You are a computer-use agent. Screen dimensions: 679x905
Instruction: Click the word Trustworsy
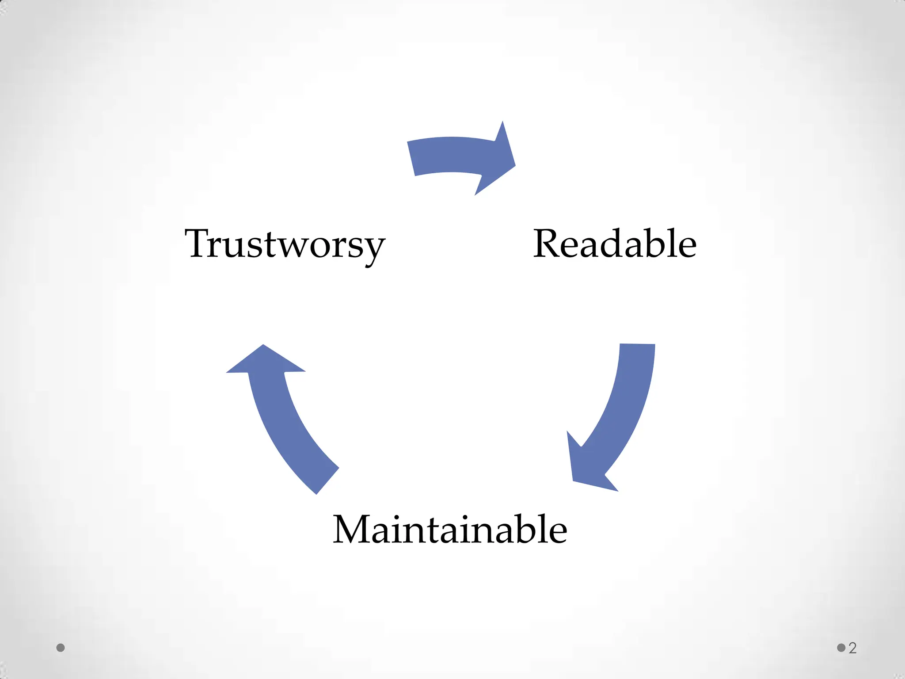pyautogui.click(x=285, y=244)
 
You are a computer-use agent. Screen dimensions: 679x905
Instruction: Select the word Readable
pyautogui.click(x=615, y=244)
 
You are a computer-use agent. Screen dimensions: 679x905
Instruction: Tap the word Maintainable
pyautogui.click(x=450, y=529)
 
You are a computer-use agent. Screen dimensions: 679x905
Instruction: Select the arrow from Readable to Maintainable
pyautogui.click(x=619, y=416)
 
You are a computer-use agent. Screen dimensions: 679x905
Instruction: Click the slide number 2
pyautogui.click(x=852, y=648)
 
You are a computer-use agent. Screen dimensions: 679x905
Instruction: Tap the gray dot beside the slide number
pyautogui.click(x=841, y=648)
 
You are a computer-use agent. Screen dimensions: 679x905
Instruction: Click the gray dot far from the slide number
pyautogui.click(x=61, y=648)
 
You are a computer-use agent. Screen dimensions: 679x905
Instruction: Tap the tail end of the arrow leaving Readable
pyautogui.click(x=637, y=345)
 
